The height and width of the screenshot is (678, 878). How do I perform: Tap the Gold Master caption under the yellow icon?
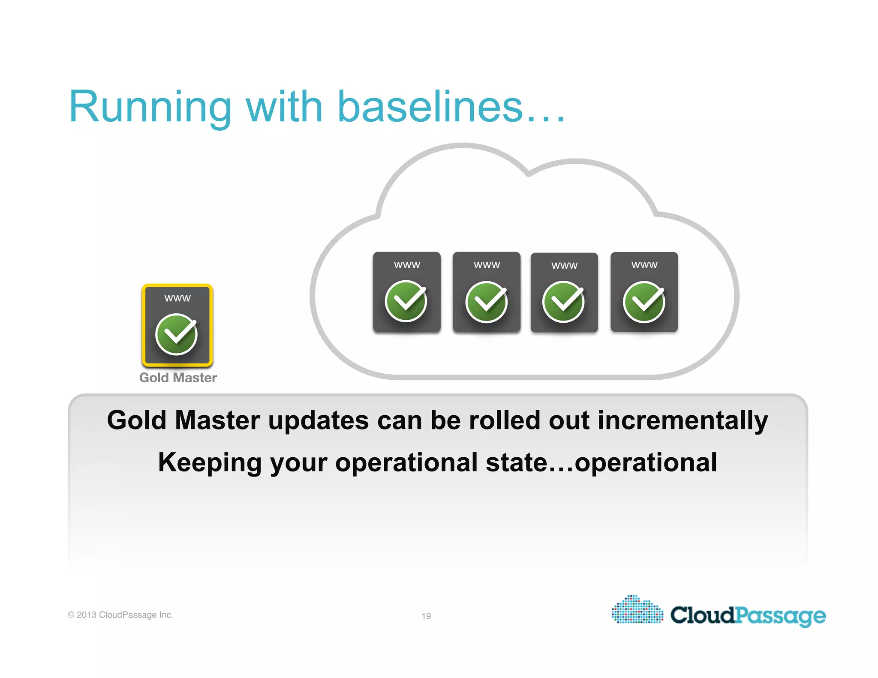[178, 378]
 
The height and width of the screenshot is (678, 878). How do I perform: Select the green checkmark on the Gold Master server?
[177, 334]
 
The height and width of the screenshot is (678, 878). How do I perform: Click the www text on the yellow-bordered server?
[177, 298]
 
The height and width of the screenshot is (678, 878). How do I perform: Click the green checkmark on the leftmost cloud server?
[406, 301]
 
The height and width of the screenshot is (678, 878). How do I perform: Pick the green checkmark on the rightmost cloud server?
[644, 302]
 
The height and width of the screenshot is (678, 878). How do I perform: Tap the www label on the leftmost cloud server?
[407, 265]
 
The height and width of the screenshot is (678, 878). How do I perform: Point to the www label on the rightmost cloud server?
[644, 265]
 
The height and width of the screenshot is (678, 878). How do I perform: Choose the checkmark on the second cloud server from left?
[487, 302]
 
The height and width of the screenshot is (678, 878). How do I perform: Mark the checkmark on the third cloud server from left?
[563, 302]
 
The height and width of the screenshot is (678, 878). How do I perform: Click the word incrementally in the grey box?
[683, 421]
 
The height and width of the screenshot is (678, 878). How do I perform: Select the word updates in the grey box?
[318, 421]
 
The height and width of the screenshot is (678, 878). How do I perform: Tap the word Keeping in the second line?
[210, 463]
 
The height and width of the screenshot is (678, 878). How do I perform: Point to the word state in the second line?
[517, 463]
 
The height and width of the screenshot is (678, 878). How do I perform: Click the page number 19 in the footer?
[426, 616]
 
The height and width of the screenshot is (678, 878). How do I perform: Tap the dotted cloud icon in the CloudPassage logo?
[637, 610]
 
